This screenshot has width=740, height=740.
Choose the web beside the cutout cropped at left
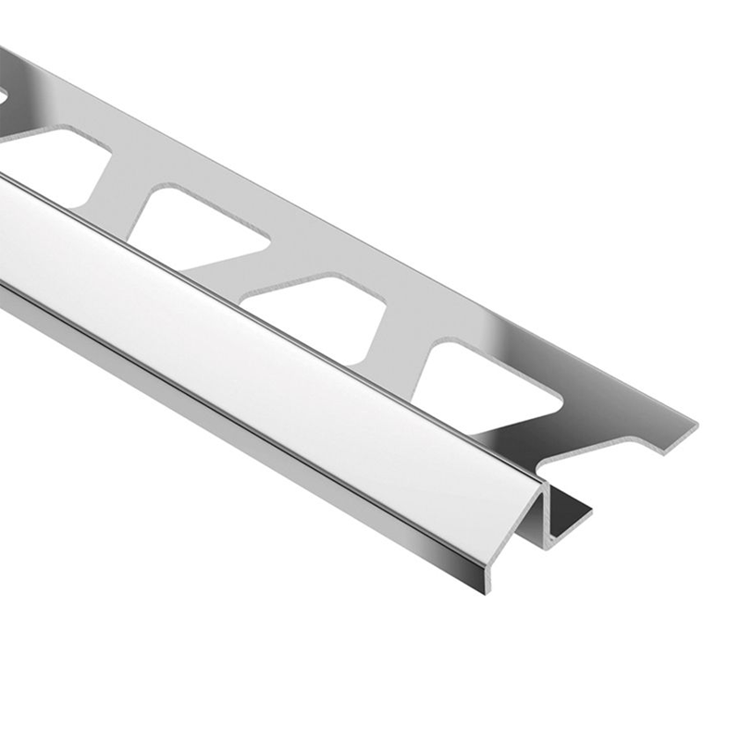(120, 185)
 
